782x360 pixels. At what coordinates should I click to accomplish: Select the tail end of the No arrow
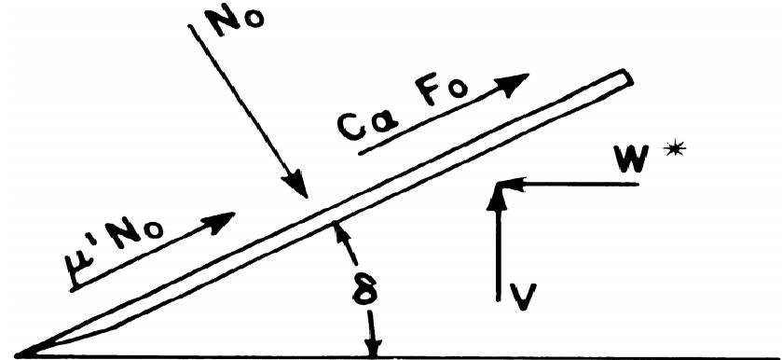click(x=190, y=26)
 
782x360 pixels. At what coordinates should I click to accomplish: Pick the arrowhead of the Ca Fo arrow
click(x=518, y=82)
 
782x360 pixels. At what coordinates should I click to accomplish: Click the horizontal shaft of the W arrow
click(x=578, y=185)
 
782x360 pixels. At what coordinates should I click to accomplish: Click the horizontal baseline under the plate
click(x=559, y=355)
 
